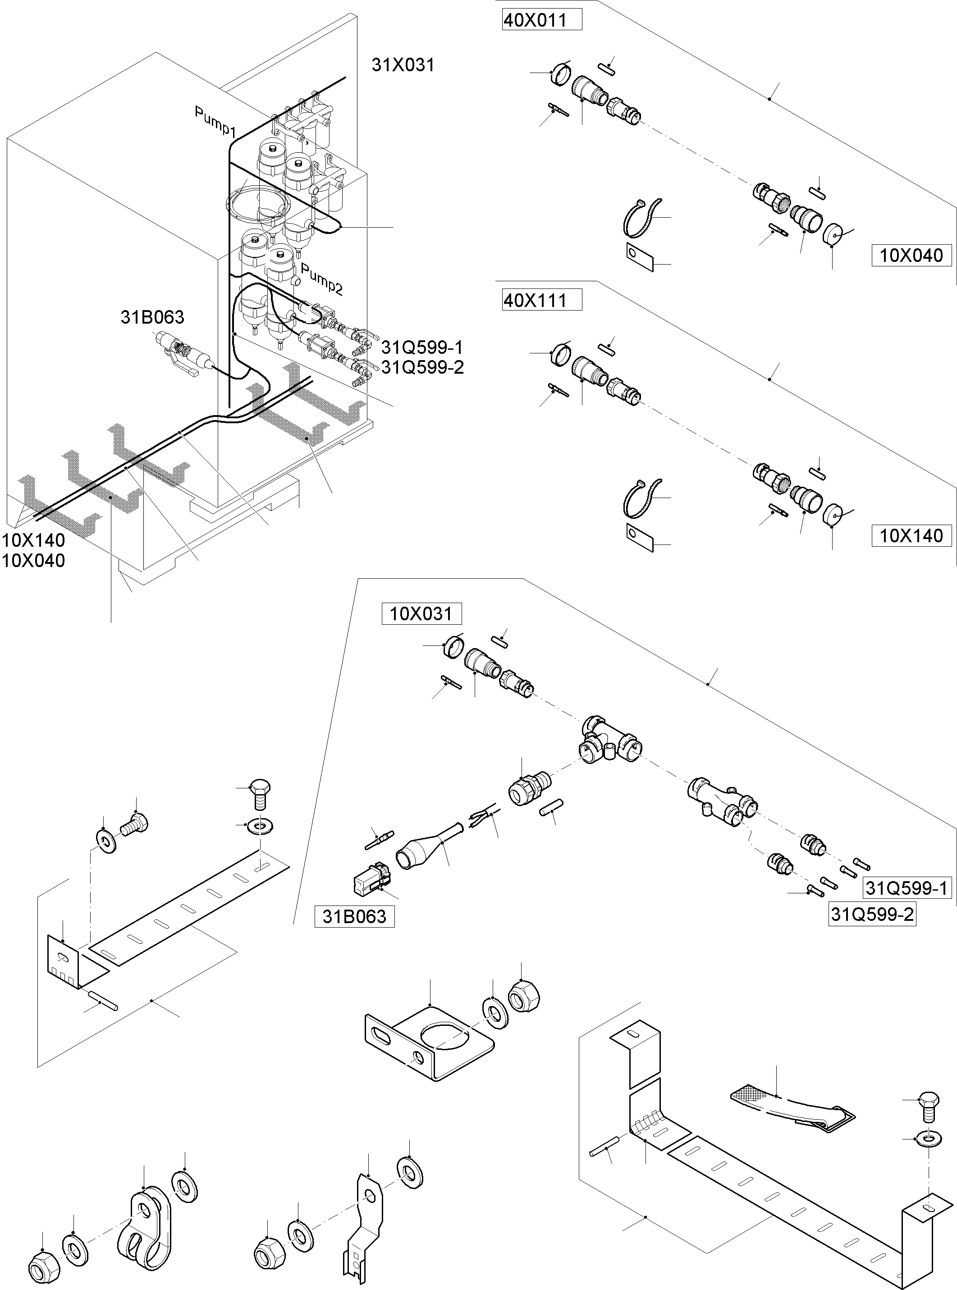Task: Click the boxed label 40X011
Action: point(541,21)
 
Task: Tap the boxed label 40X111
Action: point(541,301)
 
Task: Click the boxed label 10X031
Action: point(421,613)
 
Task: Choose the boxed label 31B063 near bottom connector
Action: point(354,916)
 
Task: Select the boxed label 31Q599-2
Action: point(872,915)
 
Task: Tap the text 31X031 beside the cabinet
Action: point(403,65)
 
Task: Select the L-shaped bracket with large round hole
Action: point(429,1044)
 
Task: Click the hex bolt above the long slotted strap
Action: point(260,794)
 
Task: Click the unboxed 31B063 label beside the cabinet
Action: point(152,317)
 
